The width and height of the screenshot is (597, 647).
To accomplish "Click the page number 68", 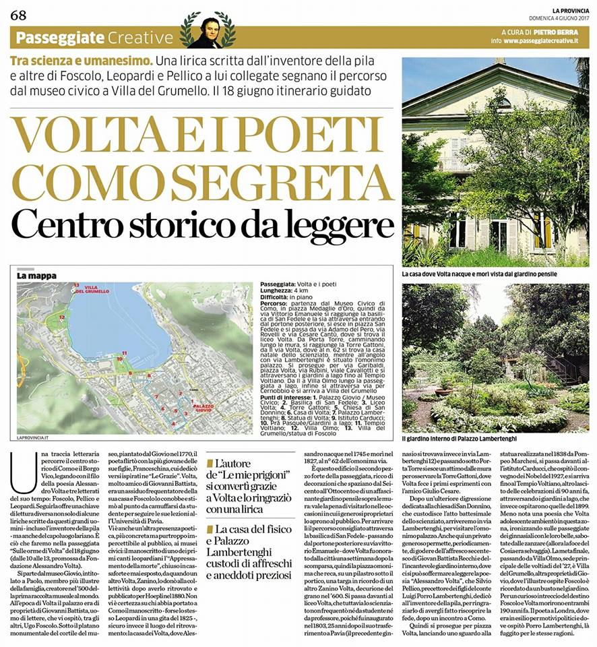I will click(x=18, y=15).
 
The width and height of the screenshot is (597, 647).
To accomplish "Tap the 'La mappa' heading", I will click(x=36, y=276).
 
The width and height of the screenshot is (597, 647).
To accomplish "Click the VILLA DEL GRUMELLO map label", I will click(x=93, y=289).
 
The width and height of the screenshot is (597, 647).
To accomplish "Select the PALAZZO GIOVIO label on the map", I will click(x=203, y=407).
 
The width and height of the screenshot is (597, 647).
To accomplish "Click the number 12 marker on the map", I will click(x=62, y=315).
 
